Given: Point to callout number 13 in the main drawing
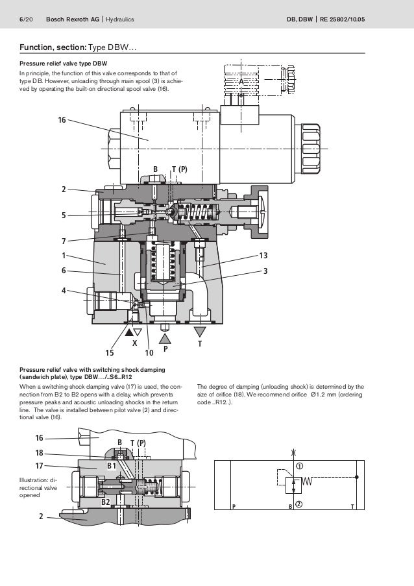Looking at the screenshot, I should point(263,255).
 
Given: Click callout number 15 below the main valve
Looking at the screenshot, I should point(109,352).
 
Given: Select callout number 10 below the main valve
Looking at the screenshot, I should point(149,352).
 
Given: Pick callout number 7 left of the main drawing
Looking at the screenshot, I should point(64,241).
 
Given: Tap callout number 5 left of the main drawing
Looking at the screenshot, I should point(64,215).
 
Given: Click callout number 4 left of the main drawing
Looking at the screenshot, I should point(64,290).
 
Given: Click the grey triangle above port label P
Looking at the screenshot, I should point(165,338).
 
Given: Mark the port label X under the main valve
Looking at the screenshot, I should point(135,342).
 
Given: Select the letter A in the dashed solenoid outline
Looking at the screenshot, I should point(240,82).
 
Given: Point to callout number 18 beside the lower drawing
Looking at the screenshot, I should point(39,452).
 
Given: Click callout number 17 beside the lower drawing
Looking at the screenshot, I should point(39,465).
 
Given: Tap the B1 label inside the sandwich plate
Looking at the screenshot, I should point(111,466).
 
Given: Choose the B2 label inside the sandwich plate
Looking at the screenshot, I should point(105,502).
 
